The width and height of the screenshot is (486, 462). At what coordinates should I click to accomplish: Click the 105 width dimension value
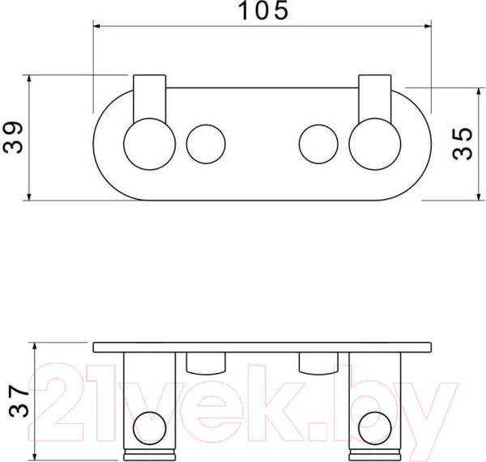pos(263,11)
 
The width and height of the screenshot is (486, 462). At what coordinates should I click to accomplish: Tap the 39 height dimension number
pos(13,138)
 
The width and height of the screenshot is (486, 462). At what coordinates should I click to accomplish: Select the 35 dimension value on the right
pos(462,144)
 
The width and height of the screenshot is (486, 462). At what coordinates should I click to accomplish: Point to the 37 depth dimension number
pos(19,401)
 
